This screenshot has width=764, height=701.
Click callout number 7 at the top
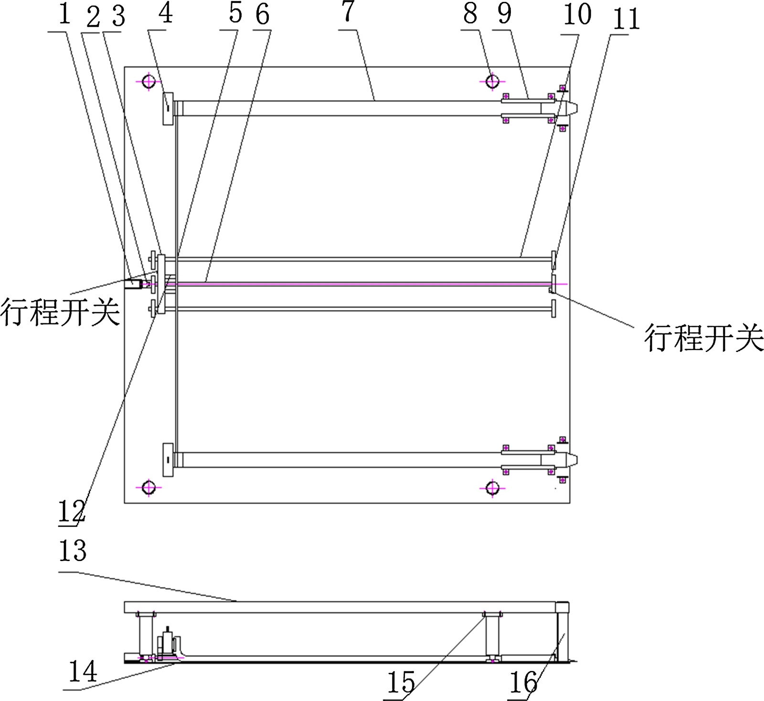coord(349,13)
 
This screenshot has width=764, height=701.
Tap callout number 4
coord(165,14)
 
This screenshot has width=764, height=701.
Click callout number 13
coord(73,551)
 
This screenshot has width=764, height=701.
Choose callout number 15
coord(400,682)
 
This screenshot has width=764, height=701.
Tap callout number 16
coord(524,682)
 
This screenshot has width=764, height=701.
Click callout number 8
coord(470,14)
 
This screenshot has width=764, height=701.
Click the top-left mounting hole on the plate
coord(149,82)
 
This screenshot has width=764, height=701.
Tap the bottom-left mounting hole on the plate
coord(149,488)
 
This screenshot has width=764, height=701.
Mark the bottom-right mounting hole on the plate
coord(492,488)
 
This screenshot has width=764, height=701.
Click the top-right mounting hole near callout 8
coord(492,82)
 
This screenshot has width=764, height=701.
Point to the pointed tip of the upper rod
coord(573,108)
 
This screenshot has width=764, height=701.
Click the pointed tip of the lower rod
coord(573,460)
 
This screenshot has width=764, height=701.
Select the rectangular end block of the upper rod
coord(168,108)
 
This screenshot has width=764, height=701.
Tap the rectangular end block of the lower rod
coord(168,459)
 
